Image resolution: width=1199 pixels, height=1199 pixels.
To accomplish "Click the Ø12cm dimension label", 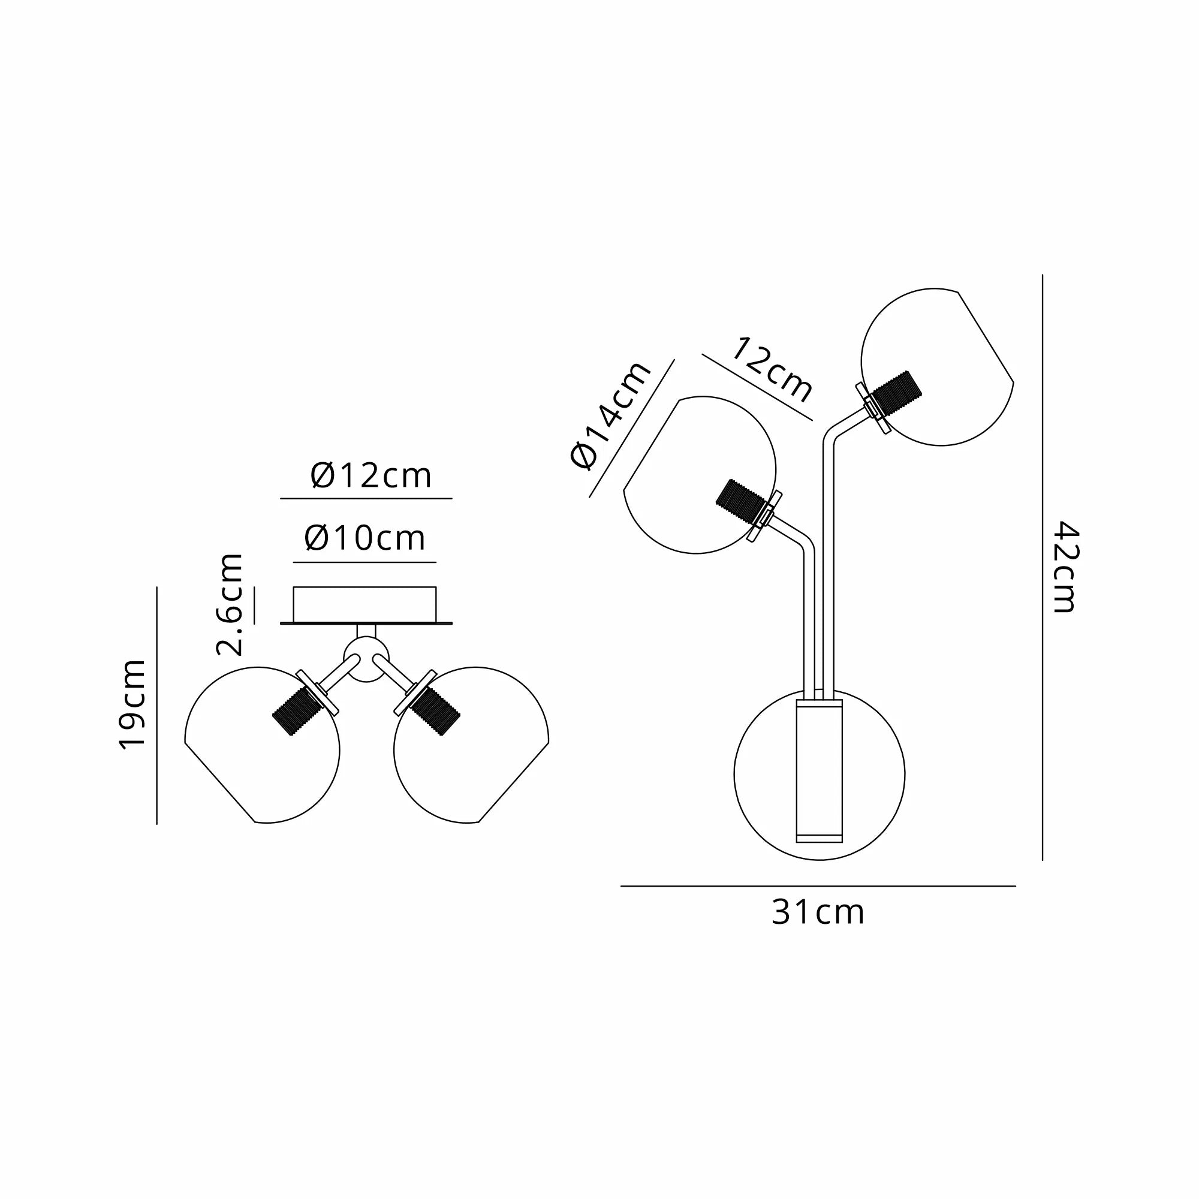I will tap(370, 477).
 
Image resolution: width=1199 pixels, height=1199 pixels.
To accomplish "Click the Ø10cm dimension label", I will tap(365, 538).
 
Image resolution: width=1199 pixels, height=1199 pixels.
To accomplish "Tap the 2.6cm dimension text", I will tap(230, 604).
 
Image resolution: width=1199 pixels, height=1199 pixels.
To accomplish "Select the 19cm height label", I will tap(133, 705).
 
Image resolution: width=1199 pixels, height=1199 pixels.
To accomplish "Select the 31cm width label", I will tap(817, 913).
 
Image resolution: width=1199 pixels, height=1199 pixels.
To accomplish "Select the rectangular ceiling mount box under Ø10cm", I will tap(365, 604).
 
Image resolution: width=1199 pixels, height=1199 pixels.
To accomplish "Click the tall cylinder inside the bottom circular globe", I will tap(819, 773).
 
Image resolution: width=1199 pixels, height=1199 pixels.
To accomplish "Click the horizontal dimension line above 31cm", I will tap(817, 886).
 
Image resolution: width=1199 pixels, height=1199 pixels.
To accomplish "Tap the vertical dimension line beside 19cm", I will tap(157, 705).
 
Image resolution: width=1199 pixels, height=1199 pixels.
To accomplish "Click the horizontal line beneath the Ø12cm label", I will tap(366, 498).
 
